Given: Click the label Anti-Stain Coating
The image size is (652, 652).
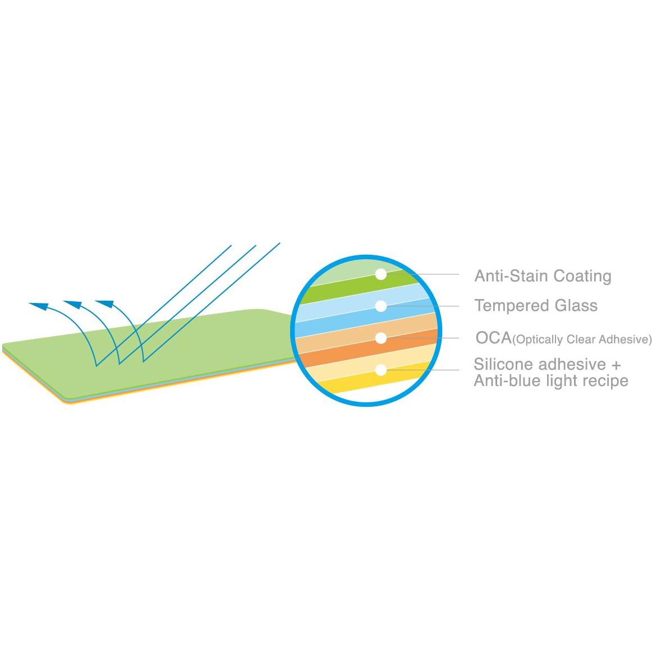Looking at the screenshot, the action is coord(543,276).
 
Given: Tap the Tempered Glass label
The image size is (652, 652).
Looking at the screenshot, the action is coord(536,306).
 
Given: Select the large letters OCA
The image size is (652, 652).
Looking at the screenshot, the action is coord(494,338).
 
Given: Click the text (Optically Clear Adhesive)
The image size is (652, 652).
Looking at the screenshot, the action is coord(582,339).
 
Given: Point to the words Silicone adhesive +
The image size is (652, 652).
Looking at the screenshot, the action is coord(547,364).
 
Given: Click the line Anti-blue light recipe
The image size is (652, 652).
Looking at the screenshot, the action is coord(551,381).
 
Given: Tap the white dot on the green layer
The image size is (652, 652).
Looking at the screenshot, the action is coord(381,274).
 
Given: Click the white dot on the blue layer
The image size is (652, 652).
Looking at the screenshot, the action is coord(381,306).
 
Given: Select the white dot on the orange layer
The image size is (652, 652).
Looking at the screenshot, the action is coord(381,338).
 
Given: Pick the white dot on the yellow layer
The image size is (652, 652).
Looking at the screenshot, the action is coord(381,370).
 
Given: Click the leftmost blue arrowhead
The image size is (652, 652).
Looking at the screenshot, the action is coord(39,306).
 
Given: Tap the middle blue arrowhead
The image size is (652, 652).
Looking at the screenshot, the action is coord(72,304).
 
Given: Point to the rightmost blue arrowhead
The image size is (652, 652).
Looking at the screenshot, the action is coord(104,304).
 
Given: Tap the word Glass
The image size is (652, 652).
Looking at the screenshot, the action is coord(576,306).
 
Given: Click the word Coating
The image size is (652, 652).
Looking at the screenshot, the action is coord(582,277).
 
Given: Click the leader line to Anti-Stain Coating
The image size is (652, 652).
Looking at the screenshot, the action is coord(423,274).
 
